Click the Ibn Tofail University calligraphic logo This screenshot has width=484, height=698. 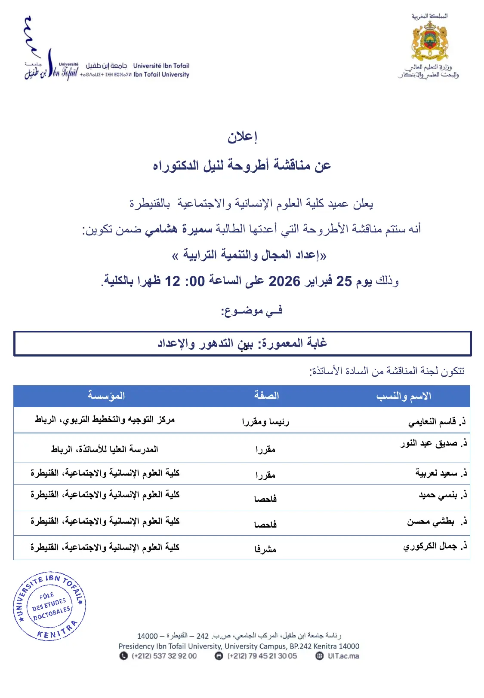tap(51, 64)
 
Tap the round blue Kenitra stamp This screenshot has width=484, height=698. tap(49, 606)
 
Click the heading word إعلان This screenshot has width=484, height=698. tap(242, 137)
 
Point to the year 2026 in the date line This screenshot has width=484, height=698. tap(284, 281)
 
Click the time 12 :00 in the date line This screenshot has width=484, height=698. tap(185, 281)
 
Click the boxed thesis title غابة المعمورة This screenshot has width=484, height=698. tap(242, 343)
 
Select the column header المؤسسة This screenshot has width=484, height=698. tap(106, 396)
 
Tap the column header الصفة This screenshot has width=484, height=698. tap(266, 396)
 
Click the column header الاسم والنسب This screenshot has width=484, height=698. tap(404, 396)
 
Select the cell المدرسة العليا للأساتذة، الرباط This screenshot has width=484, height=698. tap(105, 449)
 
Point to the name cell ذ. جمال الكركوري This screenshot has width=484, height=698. tap(435, 546)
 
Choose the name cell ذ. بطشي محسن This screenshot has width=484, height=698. tap(437, 521)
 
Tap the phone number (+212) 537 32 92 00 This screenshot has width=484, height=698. tap(164, 656)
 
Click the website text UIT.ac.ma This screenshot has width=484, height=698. tap(343, 656)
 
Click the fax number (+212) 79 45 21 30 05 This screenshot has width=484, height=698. tap(262, 656)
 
